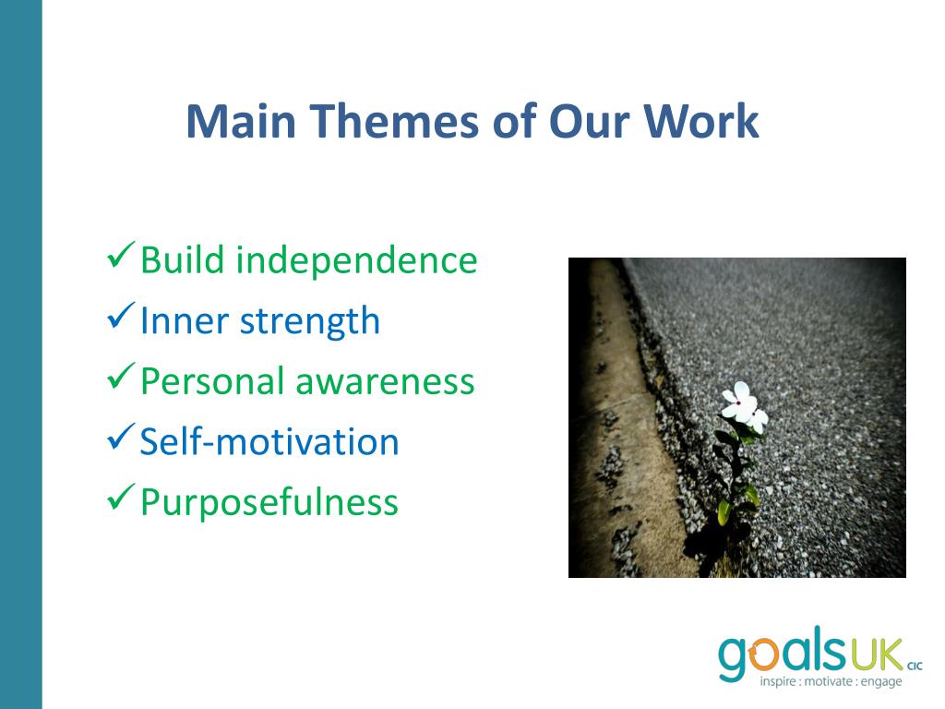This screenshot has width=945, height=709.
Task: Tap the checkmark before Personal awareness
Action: pos(121,377)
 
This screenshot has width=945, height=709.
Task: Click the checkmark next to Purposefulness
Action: pos(121,498)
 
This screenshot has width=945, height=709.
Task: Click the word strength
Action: pos(310,322)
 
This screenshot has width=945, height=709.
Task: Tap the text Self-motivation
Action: pos(269,441)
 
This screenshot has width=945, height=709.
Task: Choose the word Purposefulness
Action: pos(269,503)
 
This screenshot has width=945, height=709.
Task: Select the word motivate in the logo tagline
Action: pos(829,682)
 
